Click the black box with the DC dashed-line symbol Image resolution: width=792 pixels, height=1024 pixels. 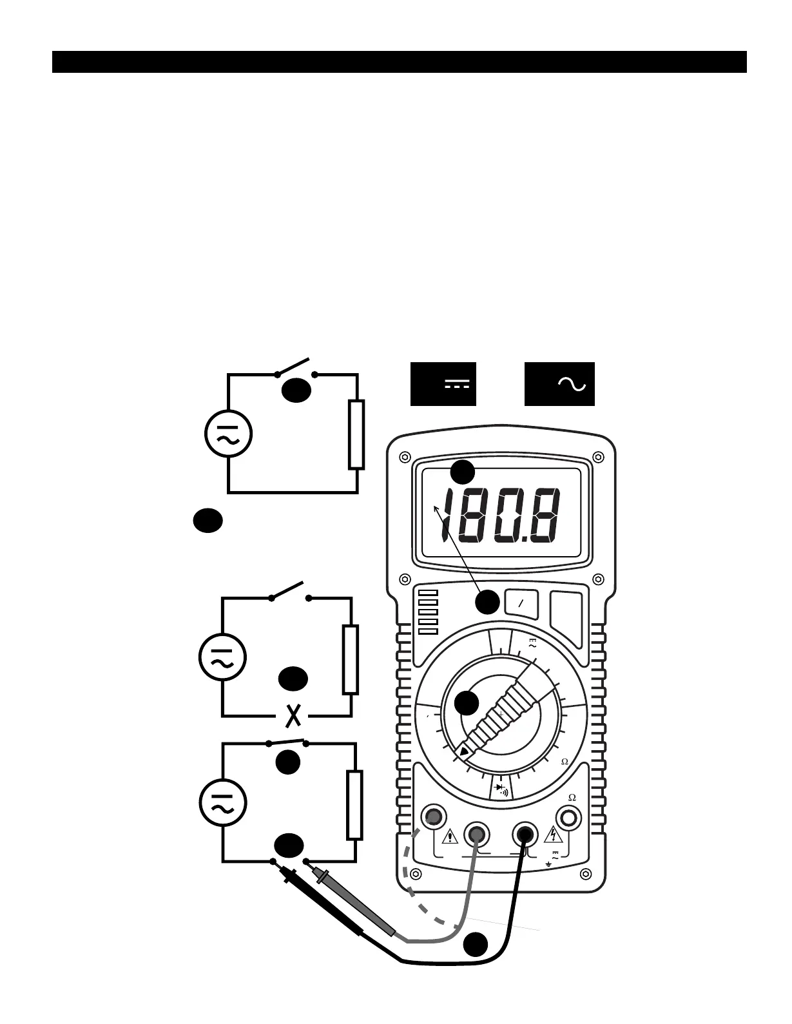click(x=443, y=384)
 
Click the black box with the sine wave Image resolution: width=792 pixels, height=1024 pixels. click(x=559, y=384)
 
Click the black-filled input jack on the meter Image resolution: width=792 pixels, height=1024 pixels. click(x=525, y=835)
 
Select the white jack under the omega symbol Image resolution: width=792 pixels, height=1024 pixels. click(x=569, y=818)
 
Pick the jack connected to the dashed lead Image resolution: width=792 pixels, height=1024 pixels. click(x=433, y=817)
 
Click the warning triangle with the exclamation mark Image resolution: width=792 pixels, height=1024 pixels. click(x=449, y=837)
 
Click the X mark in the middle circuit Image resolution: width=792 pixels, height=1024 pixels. click(x=294, y=715)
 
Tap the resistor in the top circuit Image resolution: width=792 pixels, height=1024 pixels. click(x=356, y=434)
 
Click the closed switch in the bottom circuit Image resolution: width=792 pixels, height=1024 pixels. click(x=287, y=742)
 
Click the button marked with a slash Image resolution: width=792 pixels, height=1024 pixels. click(x=522, y=603)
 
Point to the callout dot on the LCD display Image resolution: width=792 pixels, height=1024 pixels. click(x=462, y=472)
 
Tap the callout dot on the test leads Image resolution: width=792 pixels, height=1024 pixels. click(x=476, y=944)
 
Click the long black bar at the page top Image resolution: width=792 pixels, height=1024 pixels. click(x=399, y=62)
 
